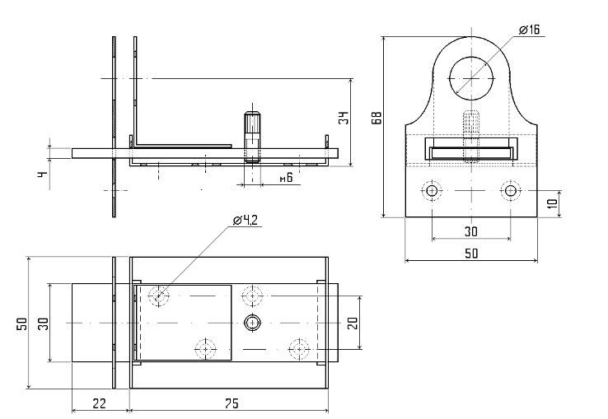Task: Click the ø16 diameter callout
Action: (529, 30)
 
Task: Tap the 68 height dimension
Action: (376, 118)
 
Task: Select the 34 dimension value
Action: (344, 118)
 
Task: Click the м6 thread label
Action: (286, 178)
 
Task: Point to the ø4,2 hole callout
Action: (246, 220)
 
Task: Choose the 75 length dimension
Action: (232, 403)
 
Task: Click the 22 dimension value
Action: (99, 403)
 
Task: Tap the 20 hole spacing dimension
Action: (353, 323)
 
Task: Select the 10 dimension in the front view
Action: (553, 203)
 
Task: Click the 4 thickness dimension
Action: (43, 175)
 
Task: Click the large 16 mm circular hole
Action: (471, 78)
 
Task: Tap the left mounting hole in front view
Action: (432, 191)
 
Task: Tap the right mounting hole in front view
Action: (510, 191)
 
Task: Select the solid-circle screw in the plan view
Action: (252, 323)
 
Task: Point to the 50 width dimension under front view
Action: (471, 254)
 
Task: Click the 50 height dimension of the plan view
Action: (23, 324)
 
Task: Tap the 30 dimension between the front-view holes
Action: (471, 232)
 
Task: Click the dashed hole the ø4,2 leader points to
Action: (159, 296)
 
